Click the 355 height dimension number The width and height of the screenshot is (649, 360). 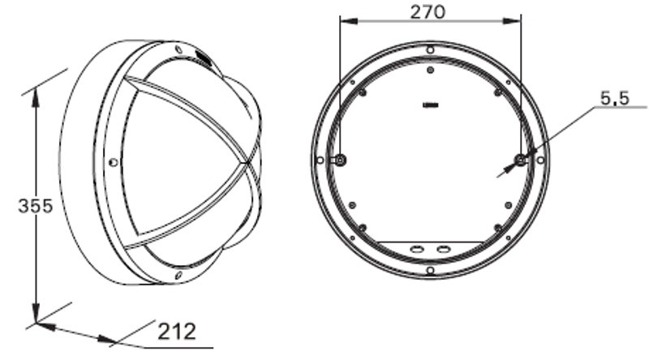click(x=36, y=206)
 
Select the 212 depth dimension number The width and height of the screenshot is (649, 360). click(x=177, y=332)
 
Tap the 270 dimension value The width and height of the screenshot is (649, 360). click(x=428, y=12)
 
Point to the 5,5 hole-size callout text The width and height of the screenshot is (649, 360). click(x=615, y=98)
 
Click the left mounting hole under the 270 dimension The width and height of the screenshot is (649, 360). click(x=340, y=160)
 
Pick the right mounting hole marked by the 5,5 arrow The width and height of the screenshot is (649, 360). click(x=520, y=160)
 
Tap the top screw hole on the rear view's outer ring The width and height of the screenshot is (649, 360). click(x=431, y=50)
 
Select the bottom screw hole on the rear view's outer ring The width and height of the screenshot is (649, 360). click(x=431, y=271)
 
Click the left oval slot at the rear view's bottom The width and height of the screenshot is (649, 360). click(x=416, y=249)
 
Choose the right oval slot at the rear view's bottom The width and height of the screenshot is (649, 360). click(x=443, y=249)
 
